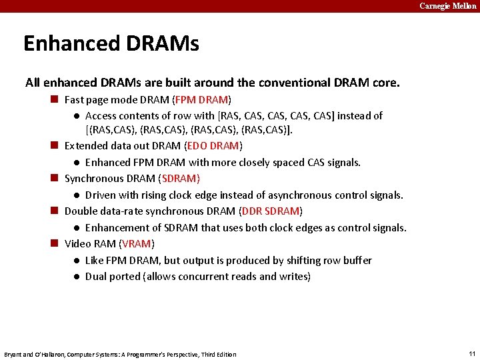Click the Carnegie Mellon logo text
pos(448,6)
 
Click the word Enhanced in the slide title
pos(62,44)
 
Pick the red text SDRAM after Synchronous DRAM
pos(181,178)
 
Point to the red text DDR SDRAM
pos(271,211)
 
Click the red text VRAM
pos(137,243)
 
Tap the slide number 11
pos(471,353)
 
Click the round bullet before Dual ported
pos(77,277)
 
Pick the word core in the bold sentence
pos(385,83)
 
